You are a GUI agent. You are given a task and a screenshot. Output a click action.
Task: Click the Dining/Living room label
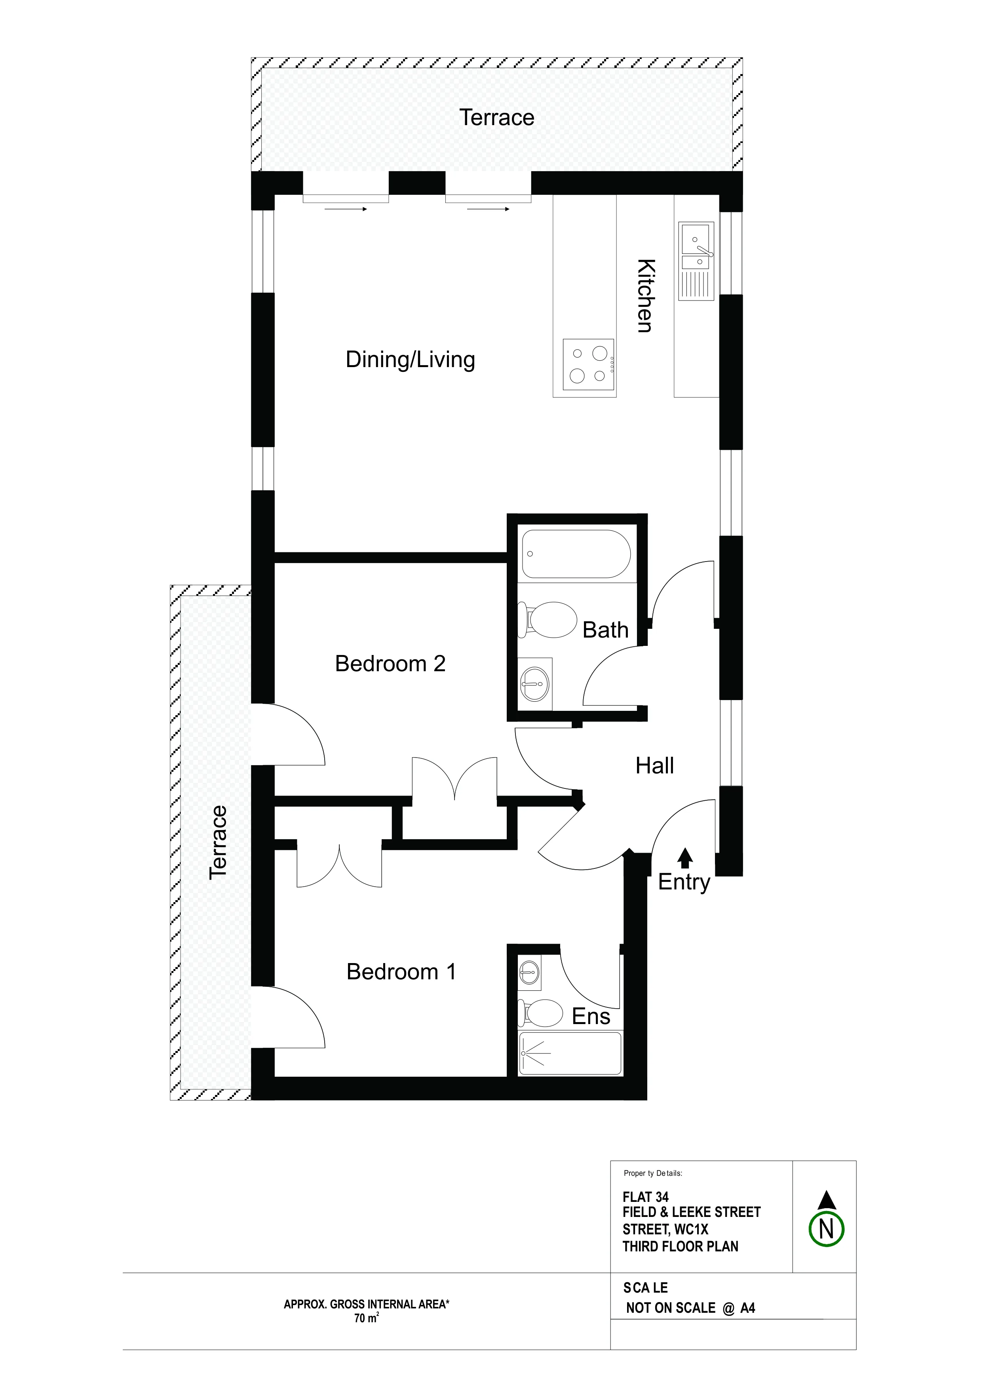(411, 360)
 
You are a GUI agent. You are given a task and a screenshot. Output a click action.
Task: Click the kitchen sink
(696, 261)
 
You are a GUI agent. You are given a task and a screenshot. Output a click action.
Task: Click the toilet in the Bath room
(548, 620)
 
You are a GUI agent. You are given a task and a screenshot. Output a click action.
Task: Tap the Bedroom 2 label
(390, 664)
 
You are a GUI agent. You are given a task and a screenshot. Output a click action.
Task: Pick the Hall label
(655, 766)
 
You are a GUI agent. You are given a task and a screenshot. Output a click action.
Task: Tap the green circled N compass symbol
(826, 1230)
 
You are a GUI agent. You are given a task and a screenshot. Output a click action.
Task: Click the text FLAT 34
(646, 1197)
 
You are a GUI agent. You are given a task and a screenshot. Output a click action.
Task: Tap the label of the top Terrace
(497, 117)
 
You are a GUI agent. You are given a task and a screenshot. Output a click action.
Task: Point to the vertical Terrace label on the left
(218, 842)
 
